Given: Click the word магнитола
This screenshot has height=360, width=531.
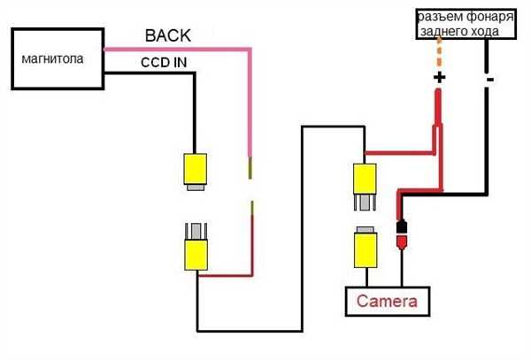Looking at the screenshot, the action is [x=52, y=59].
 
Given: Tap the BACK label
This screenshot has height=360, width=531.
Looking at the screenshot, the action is [x=168, y=35].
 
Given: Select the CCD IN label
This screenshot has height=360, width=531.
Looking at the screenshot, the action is [x=164, y=63].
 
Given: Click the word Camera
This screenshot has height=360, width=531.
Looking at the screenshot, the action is [x=387, y=301].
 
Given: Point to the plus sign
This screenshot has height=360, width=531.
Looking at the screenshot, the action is [x=439, y=78].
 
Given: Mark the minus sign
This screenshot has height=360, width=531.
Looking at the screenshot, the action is [x=490, y=80].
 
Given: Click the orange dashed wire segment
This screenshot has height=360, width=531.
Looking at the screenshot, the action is [x=439, y=52].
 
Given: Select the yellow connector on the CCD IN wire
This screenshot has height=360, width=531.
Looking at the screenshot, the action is [x=196, y=168].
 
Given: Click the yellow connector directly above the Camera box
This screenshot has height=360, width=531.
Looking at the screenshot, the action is [x=366, y=249].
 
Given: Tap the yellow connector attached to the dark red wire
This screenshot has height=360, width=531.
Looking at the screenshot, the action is [x=196, y=255].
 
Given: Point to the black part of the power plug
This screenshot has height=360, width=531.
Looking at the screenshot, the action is [x=402, y=226].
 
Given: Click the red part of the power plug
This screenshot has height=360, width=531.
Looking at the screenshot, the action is [x=402, y=242].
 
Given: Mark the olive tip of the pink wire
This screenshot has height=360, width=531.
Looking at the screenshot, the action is [x=250, y=167].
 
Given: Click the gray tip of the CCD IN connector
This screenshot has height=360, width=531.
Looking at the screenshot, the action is [x=196, y=188].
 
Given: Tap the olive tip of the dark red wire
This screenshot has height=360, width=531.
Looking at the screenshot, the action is [x=252, y=208].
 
